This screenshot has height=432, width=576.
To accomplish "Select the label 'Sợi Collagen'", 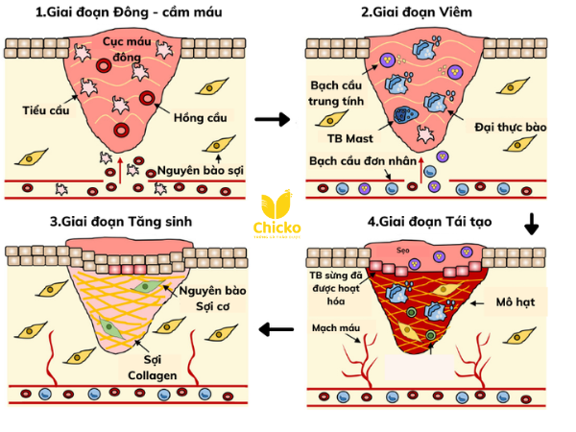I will (153, 367).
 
